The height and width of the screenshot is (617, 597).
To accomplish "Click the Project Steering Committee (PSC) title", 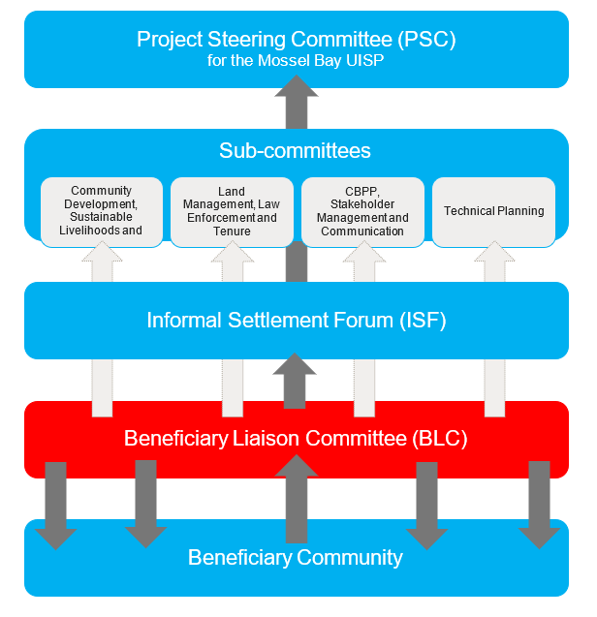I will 296,40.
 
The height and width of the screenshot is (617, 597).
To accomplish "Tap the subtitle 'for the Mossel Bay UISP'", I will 296,60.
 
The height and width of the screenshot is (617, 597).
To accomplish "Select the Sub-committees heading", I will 295,151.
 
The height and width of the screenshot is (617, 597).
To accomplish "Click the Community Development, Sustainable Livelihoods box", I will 102,210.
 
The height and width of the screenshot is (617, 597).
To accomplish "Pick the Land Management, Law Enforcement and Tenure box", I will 232,211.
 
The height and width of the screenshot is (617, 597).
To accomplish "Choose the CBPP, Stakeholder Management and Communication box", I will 362,211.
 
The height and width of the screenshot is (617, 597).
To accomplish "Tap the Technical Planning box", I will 493,211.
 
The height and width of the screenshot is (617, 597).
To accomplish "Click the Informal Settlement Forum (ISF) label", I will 296,321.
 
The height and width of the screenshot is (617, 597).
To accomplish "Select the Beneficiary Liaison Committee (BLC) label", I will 296,439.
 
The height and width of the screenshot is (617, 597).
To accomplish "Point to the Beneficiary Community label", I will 296,557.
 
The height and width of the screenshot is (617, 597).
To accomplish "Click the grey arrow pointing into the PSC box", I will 297,102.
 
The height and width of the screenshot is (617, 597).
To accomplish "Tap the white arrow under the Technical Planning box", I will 494,329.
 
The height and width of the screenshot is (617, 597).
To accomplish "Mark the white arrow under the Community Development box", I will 103,329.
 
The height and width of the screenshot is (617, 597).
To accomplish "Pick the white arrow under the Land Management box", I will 233,329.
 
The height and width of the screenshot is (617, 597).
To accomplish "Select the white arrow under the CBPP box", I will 363,329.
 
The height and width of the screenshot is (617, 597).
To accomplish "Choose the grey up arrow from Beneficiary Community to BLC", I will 297,499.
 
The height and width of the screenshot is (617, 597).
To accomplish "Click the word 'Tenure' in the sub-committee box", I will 232,231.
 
